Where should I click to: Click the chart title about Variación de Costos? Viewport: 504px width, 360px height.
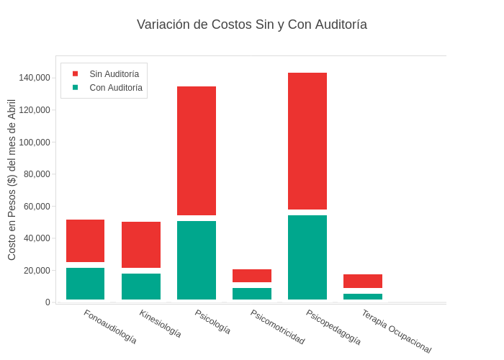pyautogui.click(x=252, y=24)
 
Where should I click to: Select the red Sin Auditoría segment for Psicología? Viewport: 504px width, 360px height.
pyautogui.click(x=197, y=150)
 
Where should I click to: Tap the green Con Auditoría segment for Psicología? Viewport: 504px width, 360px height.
pyautogui.click(x=197, y=260)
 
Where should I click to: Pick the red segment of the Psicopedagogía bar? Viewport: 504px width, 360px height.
pyautogui.click(x=307, y=141)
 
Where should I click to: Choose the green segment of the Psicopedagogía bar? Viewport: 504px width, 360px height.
pyautogui.click(x=307, y=257)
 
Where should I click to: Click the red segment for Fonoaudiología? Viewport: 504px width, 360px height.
pyautogui.click(x=86, y=240)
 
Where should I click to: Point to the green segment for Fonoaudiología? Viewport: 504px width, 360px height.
pyautogui.click(x=86, y=284)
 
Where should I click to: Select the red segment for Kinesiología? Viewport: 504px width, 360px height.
pyautogui.click(x=141, y=245)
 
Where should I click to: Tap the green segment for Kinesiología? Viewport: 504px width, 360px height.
pyautogui.click(x=141, y=287)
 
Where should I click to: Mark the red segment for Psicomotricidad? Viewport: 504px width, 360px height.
pyautogui.click(x=252, y=276)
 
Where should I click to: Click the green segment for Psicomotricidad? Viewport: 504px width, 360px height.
pyautogui.click(x=252, y=294)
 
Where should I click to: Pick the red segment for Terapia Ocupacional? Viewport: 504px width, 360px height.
pyautogui.click(x=363, y=281)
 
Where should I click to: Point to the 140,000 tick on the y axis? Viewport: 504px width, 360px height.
pyautogui.click(x=35, y=78)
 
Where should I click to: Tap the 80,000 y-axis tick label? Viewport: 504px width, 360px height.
pyautogui.click(x=37, y=174)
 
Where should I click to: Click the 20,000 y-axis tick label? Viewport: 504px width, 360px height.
pyautogui.click(x=37, y=271)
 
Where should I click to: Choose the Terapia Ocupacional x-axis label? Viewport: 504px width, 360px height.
pyautogui.click(x=397, y=331)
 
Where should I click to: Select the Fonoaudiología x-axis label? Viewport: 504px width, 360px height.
pyautogui.click(x=110, y=327)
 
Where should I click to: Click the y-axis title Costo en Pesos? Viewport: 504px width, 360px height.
pyautogui.click(x=12, y=180)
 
